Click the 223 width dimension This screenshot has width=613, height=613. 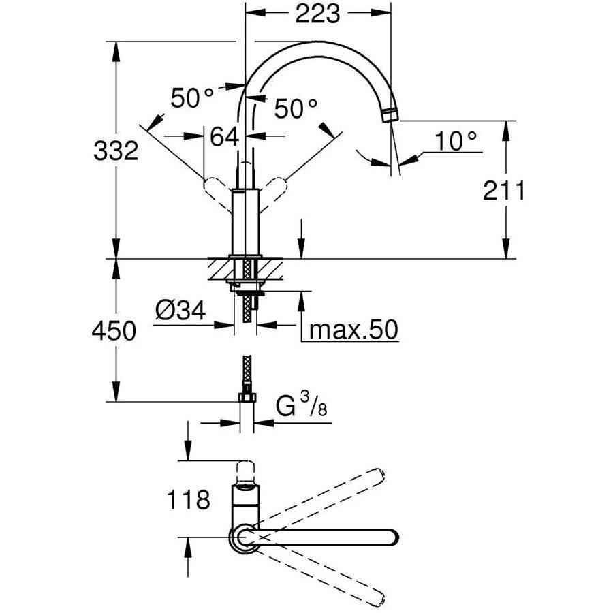[x=318, y=15]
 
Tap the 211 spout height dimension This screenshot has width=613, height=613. [x=505, y=193]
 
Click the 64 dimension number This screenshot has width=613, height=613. [x=225, y=136]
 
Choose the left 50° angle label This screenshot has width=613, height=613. [x=193, y=98]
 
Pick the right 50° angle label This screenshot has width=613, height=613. [x=296, y=107]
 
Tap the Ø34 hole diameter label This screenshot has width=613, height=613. [x=180, y=312]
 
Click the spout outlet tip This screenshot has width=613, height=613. [x=390, y=114]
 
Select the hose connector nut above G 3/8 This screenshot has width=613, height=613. [x=247, y=397]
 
